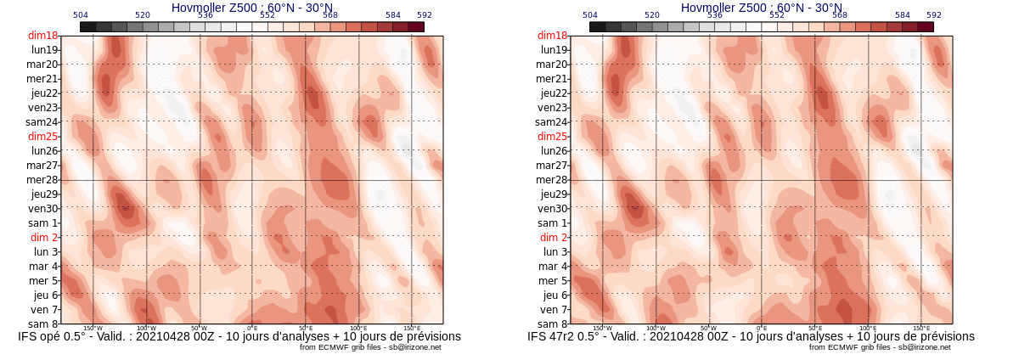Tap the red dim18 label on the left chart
point(42,36)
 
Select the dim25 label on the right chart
point(552,137)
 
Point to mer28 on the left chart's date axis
point(42,180)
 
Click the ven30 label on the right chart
point(552,209)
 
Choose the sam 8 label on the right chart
point(552,324)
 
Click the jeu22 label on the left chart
point(43,93)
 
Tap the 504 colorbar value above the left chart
point(81,15)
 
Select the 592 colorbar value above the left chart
point(424,15)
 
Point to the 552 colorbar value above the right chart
point(777,15)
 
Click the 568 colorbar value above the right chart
point(840,15)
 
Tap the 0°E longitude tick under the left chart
point(252,328)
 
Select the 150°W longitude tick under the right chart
point(602,328)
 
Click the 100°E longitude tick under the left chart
point(358,328)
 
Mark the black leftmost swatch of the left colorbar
point(87,26)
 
